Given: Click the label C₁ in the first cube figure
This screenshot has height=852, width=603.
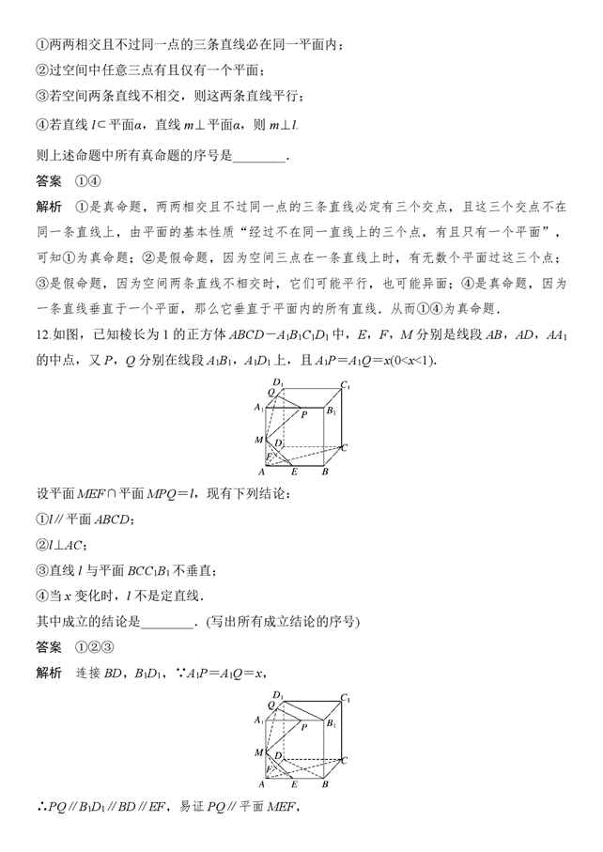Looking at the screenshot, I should pos(347,385).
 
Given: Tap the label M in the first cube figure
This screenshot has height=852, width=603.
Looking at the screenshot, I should pos(258,440).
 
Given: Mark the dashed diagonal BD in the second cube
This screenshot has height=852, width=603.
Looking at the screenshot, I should pos(297,771).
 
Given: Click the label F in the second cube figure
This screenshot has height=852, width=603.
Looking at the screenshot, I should pos(267,769).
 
